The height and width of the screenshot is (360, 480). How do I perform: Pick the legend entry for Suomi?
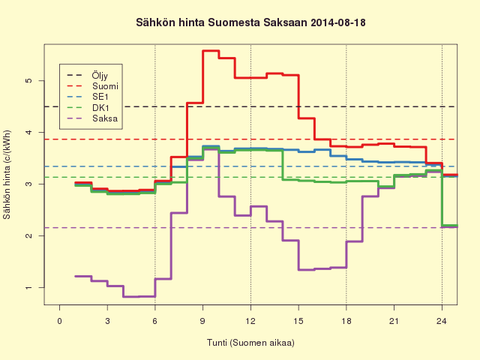pyautogui.click(x=92, y=86)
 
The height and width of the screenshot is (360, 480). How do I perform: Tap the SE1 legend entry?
pyautogui.click(x=87, y=97)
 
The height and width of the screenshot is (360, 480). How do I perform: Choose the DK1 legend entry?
pyautogui.click(x=88, y=108)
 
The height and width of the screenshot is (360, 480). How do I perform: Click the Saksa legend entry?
pyautogui.click(x=91, y=118)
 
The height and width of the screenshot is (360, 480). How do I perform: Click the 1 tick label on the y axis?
pyautogui.click(x=28, y=288)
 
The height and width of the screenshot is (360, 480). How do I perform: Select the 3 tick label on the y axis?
pyautogui.click(x=28, y=184)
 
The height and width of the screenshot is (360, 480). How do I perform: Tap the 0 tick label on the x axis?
pyautogui.click(x=59, y=321)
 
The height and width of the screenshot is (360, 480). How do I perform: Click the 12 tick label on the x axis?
pyautogui.click(x=250, y=321)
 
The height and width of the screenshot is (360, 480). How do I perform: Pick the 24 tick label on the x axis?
pyautogui.click(x=442, y=321)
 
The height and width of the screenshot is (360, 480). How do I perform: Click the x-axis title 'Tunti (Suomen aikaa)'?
pyautogui.click(x=250, y=343)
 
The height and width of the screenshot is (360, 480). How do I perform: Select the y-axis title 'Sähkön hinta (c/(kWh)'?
pyautogui.click(x=7, y=175)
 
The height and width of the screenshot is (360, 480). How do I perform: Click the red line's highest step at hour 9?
pyautogui.click(x=211, y=51)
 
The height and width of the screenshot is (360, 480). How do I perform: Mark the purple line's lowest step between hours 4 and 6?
pyautogui.click(x=139, y=297)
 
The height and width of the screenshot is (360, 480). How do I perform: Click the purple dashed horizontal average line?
pyautogui.click(x=250, y=228)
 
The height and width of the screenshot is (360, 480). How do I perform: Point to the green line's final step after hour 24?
pyautogui.click(x=450, y=226)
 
